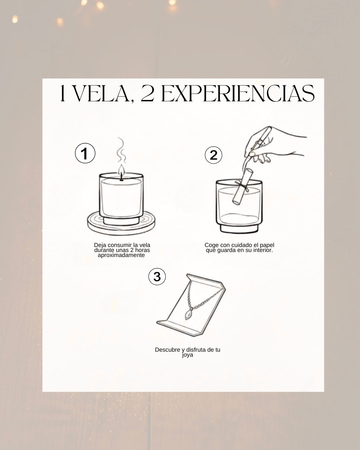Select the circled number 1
point(85,154)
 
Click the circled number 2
point(213,155)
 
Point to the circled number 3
point(157,277)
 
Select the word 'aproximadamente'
point(121,255)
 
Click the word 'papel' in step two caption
point(267,245)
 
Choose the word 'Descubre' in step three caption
point(167,350)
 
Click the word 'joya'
point(188,355)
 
